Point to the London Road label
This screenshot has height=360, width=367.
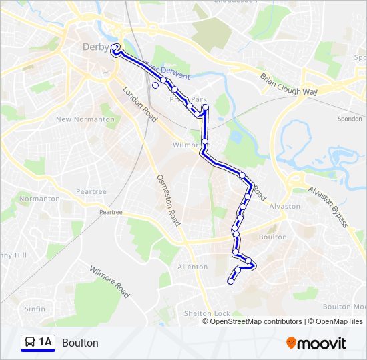point(139,103)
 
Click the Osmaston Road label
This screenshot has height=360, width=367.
point(167,199)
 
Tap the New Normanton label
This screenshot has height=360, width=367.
point(85,119)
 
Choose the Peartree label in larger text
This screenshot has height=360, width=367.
point(91,191)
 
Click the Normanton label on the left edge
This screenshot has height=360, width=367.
point(39,199)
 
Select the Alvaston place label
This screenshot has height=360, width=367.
point(285,206)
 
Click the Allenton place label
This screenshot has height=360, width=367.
point(193,267)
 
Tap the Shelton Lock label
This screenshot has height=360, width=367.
point(208,313)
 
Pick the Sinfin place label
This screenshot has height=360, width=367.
point(35,309)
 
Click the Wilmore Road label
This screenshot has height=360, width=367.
point(110,280)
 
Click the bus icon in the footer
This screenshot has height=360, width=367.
point(30,343)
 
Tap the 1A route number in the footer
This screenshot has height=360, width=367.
point(45,343)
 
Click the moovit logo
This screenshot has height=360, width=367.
point(316,343)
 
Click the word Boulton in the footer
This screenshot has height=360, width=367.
point(80,343)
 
